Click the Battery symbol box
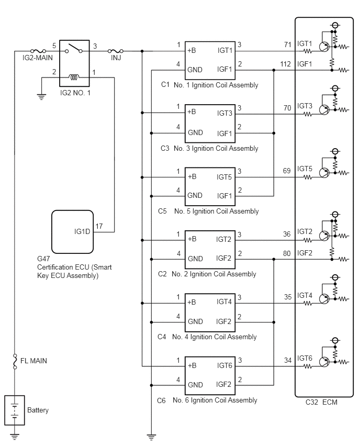(15, 410)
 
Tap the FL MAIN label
(33, 361)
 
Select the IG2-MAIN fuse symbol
(38, 51)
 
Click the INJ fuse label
(116, 58)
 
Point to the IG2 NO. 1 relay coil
(74, 77)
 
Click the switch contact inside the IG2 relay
(74, 48)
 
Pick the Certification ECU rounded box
(73, 232)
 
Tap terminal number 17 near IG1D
(99, 226)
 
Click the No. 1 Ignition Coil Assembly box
(210, 61)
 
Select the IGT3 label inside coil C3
(224, 113)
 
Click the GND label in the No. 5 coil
(195, 195)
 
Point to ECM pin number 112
(286, 64)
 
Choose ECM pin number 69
(287, 171)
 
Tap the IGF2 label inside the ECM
(305, 253)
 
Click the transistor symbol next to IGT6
(324, 362)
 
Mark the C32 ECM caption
(321, 402)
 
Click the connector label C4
(162, 337)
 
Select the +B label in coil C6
(192, 365)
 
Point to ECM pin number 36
(287, 234)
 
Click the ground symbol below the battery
(15, 436)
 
